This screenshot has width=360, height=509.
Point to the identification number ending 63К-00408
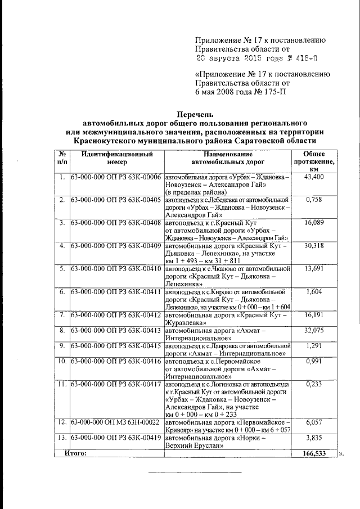(x=116, y=223)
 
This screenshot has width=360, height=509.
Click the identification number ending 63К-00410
(x=116, y=269)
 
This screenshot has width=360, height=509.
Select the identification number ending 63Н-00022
(x=116, y=422)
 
